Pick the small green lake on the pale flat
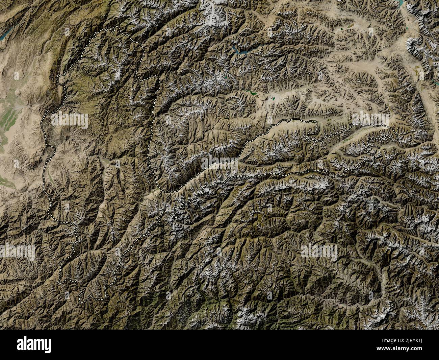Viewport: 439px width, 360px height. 272,99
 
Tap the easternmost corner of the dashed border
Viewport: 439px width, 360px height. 397,139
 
